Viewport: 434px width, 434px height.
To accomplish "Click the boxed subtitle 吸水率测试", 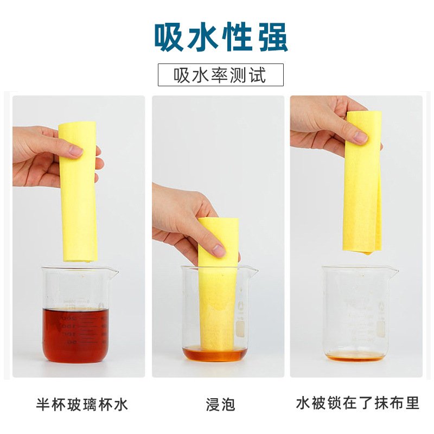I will point(220,75).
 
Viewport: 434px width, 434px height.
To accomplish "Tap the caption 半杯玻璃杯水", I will point(82,404).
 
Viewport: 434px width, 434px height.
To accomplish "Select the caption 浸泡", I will point(220,404).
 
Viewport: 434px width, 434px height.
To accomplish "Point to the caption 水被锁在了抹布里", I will point(358,404).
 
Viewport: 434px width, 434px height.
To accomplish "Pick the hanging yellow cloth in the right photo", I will point(362,184).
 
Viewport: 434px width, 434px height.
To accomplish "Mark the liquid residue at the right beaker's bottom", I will point(355,355).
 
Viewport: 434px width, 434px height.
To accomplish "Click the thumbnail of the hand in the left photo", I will point(75,150).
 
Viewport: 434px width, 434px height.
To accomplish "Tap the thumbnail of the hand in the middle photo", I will point(218,250).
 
